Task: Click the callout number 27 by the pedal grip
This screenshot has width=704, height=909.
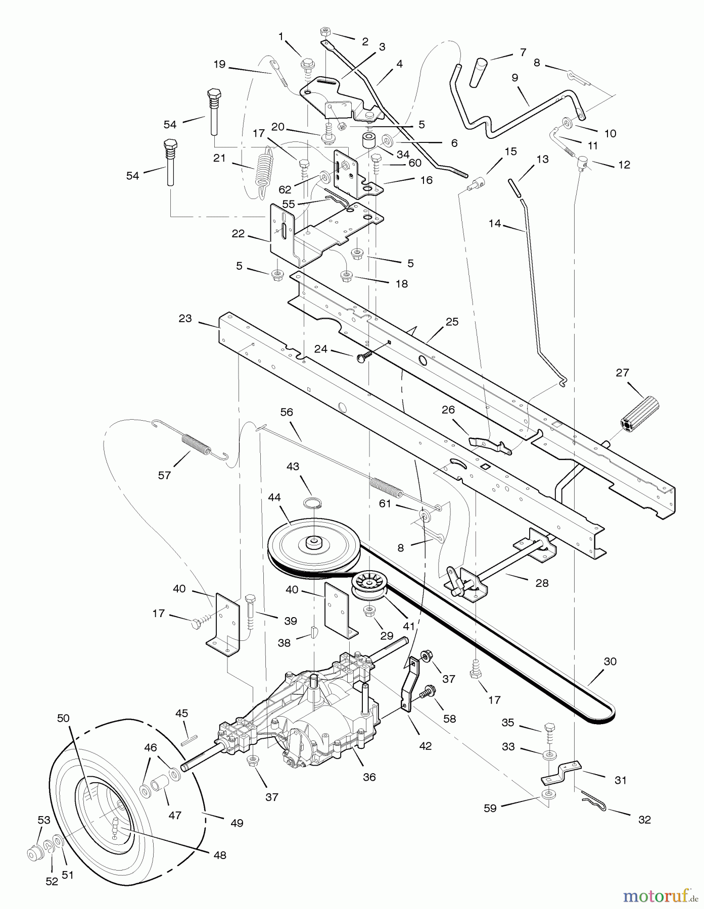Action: click(x=622, y=373)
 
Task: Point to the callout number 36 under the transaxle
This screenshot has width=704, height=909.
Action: click(x=369, y=777)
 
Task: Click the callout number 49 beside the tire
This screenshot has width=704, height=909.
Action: click(x=237, y=823)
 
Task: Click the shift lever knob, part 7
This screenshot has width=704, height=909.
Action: click(x=479, y=72)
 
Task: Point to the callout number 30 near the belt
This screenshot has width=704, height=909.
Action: click(x=610, y=662)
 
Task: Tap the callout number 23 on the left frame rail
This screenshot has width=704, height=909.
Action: click(x=185, y=318)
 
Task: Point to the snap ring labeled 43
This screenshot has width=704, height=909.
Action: click(x=313, y=502)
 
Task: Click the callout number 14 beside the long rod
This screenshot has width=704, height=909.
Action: click(x=494, y=223)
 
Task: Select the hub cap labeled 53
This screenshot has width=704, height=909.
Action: click(x=35, y=853)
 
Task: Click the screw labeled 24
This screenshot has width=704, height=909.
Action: click(x=364, y=357)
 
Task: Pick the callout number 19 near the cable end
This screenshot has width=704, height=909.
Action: click(x=219, y=65)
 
